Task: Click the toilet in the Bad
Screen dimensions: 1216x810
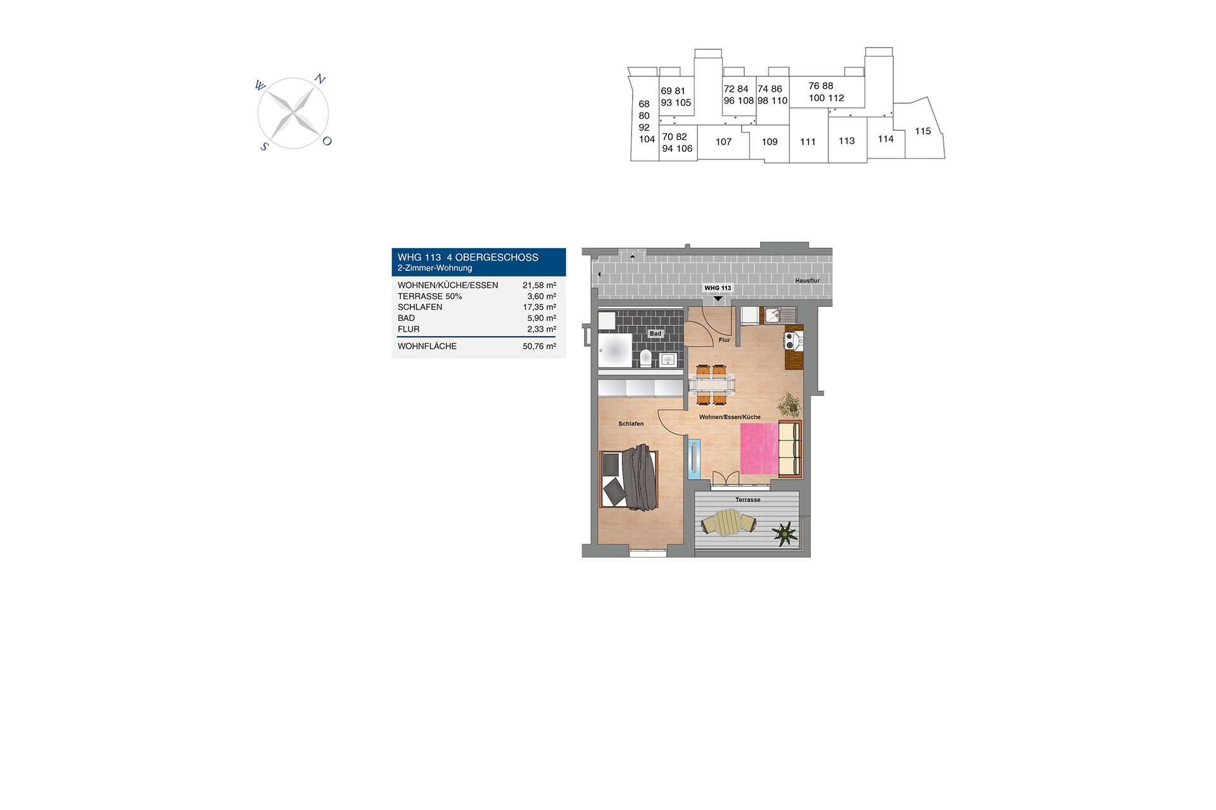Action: (x=645, y=358)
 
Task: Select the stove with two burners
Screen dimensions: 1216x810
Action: (x=790, y=341)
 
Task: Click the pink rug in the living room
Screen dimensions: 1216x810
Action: (x=759, y=449)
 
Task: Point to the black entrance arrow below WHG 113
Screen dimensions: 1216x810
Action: (x=718, y=299)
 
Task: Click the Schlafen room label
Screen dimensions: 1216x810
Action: (x=631, y=424)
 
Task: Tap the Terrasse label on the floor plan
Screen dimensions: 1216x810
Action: (x=748, y=500)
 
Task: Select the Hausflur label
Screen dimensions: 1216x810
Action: (x=807, y=281)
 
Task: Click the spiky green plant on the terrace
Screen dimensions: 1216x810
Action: (x=785, y=533)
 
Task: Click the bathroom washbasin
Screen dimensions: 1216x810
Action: (x=668, y=360)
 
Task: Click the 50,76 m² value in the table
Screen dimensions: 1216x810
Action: (x=540, y=346)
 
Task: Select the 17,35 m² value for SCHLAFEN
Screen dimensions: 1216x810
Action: (x=540, y=307)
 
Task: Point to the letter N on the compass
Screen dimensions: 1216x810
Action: (x=320, y=80)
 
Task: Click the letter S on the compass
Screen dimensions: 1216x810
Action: (x=264, y=147)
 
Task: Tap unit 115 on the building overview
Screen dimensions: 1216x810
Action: (x=923, y=131)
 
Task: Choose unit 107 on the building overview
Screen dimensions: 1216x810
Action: (x=723, y=142)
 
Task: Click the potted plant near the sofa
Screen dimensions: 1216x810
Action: (x=788, y=404)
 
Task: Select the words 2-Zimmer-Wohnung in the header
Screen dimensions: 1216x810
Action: (x=435, y=268)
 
